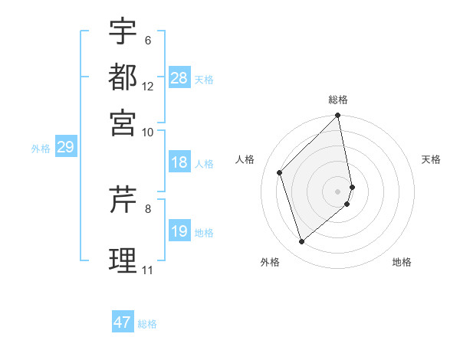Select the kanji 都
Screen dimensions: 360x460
point(123,77)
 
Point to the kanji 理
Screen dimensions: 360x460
point(123,259)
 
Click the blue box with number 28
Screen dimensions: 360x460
point(179,77)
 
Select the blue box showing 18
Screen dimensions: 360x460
point(179,162)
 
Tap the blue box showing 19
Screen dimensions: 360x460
point(179,231)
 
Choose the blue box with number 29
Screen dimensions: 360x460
point(65,147)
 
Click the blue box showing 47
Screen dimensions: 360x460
point(123,322)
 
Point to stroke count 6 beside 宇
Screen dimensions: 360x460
point(148,40)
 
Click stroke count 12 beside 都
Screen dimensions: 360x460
point(148,87)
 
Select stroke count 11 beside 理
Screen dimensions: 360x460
point(147,270)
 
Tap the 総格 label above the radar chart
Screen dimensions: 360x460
point(338,100)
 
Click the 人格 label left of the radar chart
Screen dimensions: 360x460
point(245,159)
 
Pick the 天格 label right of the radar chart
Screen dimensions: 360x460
point(431,159)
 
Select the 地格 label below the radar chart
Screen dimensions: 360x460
point(402,262)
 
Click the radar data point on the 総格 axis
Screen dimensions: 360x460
point(338,116)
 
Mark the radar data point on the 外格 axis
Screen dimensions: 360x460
point(302,242)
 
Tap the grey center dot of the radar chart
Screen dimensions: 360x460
point(338,191)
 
